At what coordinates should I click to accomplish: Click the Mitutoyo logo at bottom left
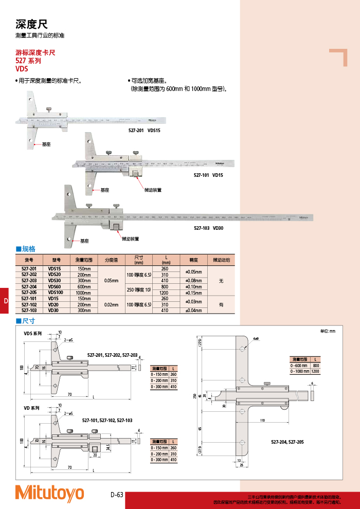(49, 493)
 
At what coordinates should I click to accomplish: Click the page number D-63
(117, 495)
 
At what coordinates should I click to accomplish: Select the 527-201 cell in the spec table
(29, 269)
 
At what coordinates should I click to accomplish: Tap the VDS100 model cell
(55, 292)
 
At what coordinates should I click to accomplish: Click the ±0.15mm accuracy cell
(193, 292)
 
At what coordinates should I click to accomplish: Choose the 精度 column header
(193, 260)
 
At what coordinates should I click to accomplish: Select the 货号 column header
(29, 260)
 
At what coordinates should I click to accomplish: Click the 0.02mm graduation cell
(112, 304)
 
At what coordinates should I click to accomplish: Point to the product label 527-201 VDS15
(145, 131)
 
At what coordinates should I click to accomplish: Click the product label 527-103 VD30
(208, 228)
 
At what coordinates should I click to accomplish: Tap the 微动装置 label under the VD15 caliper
(153, 190)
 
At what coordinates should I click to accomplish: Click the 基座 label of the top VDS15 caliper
(46, 145)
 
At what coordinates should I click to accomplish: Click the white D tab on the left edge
(6, 301)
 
